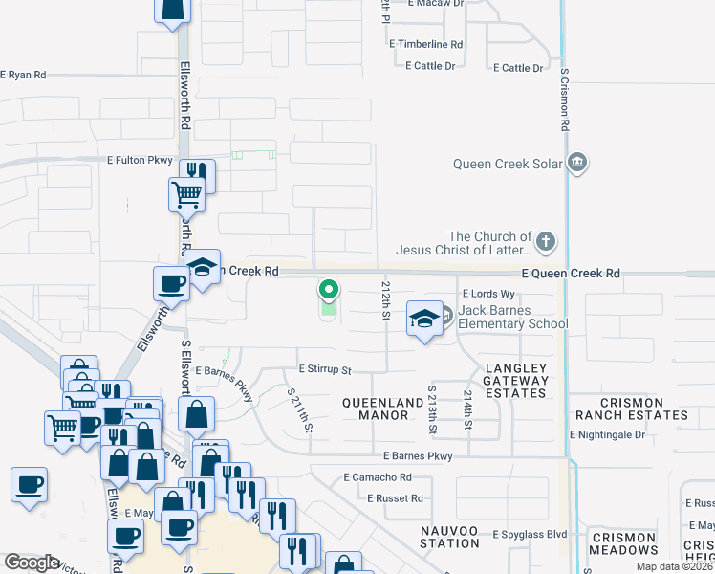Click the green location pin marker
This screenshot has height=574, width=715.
(329, 289)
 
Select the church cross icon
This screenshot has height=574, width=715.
(545, 242)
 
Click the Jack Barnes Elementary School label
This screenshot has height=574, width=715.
(512, 317)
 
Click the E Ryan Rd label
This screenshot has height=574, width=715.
(23, 75)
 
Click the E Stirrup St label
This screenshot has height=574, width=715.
(325, 369)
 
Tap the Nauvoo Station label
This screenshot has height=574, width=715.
(449, 536)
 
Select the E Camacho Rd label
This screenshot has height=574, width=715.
(378, 476)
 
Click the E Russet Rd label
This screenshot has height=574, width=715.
(395, 498)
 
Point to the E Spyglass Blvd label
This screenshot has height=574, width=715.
(530, 534)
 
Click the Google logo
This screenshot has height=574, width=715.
(32, 563)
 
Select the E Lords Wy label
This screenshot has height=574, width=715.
(482, 294)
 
